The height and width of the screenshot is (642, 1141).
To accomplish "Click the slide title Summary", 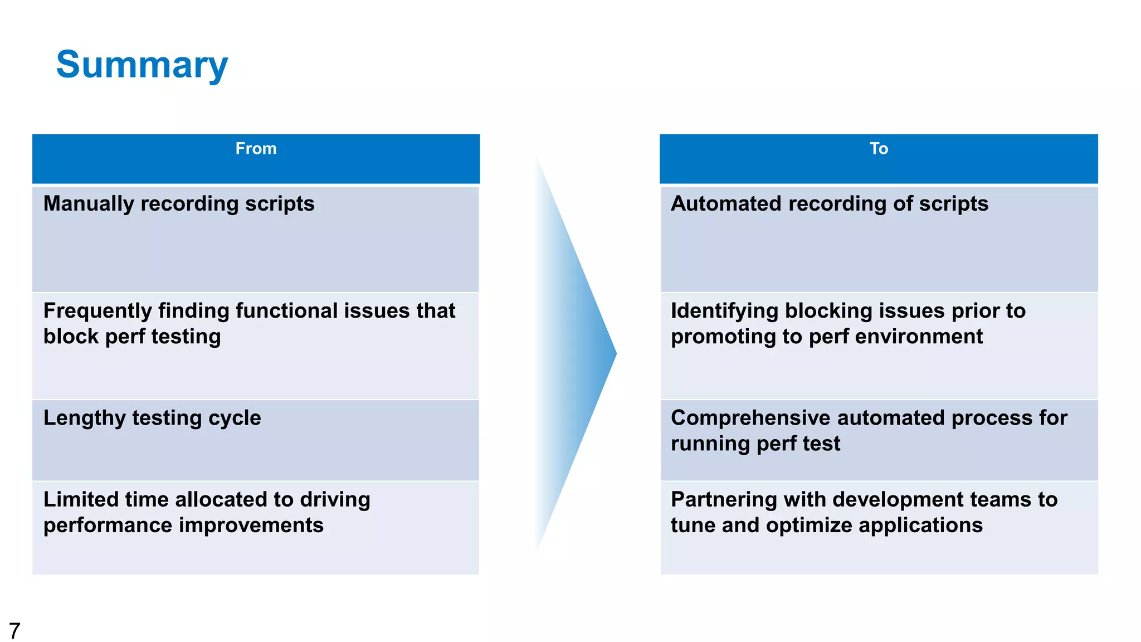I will click(142, 65).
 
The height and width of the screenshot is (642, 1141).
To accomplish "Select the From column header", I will click(256, 149).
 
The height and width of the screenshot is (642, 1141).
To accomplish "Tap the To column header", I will click(879, 149).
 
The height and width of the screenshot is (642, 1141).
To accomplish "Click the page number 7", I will click(14, 630).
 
